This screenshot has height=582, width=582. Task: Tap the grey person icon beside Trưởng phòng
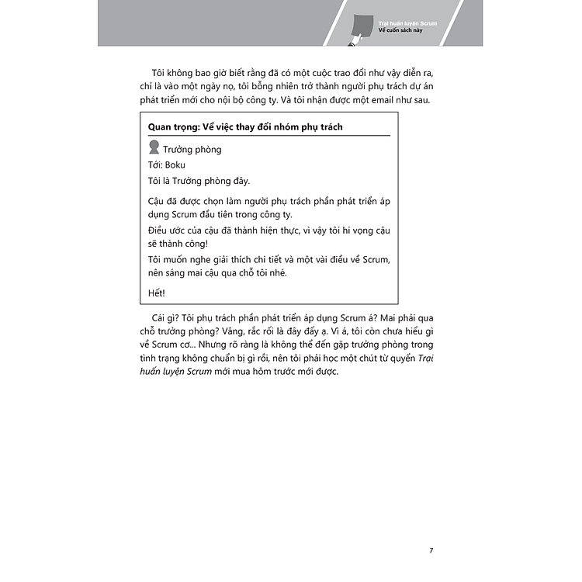154,149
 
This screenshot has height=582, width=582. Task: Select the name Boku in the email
175,165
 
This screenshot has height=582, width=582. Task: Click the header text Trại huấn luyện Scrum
407,24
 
